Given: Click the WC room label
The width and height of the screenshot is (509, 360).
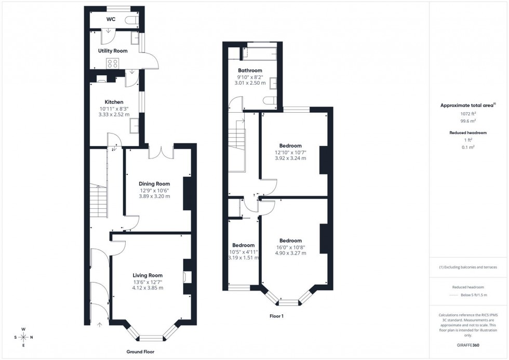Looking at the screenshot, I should click(111, 19).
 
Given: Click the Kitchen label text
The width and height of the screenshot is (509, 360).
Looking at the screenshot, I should click(114, 102).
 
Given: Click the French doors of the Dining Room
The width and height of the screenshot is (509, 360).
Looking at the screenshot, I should click(160, 152).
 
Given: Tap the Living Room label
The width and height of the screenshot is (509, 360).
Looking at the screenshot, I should click(148, 275).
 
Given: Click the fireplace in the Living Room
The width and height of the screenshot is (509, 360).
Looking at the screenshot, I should click(187, 277).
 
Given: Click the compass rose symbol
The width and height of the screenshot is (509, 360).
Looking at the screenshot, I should click(23, 337).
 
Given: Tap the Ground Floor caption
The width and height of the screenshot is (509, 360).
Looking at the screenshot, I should click(141, 352).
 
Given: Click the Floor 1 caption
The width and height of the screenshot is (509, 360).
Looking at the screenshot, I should click(276, 316).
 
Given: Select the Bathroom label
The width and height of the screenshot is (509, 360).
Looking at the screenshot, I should click(250, 70).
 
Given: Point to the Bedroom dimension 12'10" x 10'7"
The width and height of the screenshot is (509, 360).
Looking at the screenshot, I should click(290, 152).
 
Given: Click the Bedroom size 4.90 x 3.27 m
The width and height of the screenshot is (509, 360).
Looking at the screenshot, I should click(290, 253).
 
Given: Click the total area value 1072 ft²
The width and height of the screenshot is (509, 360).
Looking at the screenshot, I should click(468, 113).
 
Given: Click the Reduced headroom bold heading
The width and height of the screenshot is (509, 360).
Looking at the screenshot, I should click(468, 133).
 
